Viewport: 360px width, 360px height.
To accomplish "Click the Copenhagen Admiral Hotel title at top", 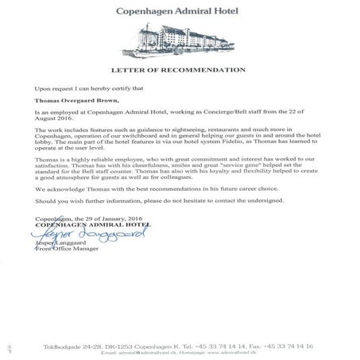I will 179,13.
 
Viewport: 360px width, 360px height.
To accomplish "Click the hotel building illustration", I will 179,41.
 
